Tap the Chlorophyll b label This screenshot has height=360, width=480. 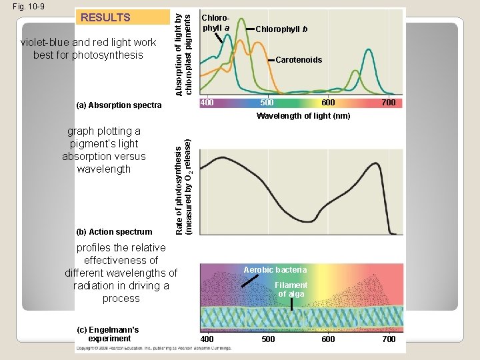(281, 29)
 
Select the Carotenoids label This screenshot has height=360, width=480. (299, 60)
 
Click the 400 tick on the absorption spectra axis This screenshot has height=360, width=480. (207, 103)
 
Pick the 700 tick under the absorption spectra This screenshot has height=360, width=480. (389, 103)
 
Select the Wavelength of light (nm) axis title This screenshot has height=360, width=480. (303, 116)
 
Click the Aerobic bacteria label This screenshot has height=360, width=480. (275, 269)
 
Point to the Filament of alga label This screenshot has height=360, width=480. (291, 289)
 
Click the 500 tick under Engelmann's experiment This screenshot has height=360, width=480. (267, 339)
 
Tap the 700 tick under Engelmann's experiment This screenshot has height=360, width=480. (389, 339)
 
